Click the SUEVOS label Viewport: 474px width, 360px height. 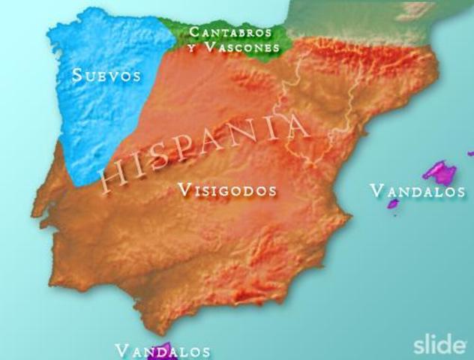106,75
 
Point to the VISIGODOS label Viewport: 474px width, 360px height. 227,190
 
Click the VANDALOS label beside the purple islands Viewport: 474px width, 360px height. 418,191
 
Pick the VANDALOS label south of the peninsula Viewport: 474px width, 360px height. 162,351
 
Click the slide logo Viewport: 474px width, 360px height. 439,345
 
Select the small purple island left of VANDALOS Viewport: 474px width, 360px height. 392,203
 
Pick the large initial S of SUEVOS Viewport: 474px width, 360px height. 77,75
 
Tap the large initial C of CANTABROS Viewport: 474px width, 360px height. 194,32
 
